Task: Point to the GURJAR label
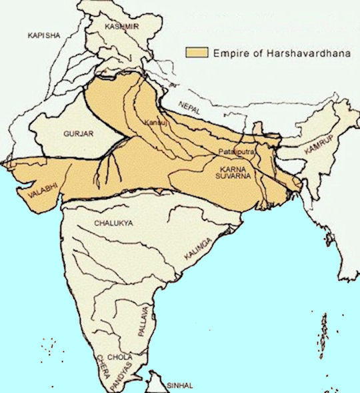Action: tap(79, 133)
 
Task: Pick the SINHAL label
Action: tap(181, 386)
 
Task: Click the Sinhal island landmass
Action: tap(157, 381)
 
